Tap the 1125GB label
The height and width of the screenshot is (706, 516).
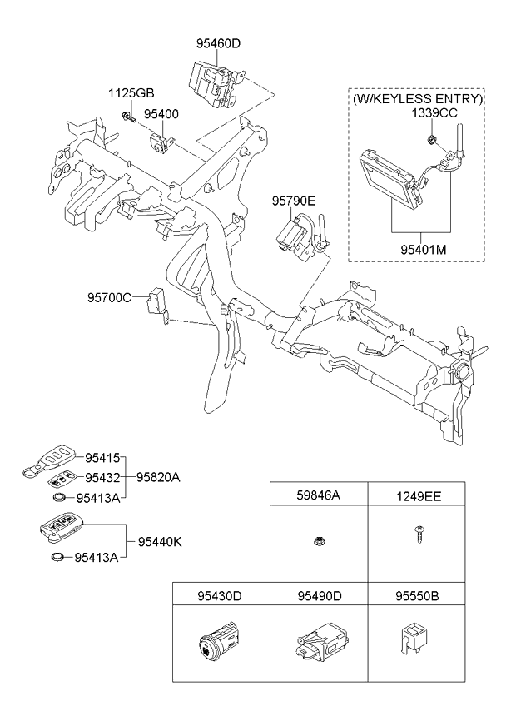coord(130,92)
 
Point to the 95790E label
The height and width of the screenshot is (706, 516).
coord(294,201)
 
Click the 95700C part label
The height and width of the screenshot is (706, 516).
coord(110,297)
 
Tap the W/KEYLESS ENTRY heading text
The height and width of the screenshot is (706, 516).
coord(417,98)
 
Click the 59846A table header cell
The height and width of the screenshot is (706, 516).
coord(318,496)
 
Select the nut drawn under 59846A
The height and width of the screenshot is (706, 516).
coord(318,542)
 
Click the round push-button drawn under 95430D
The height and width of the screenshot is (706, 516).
coord(207,644)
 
